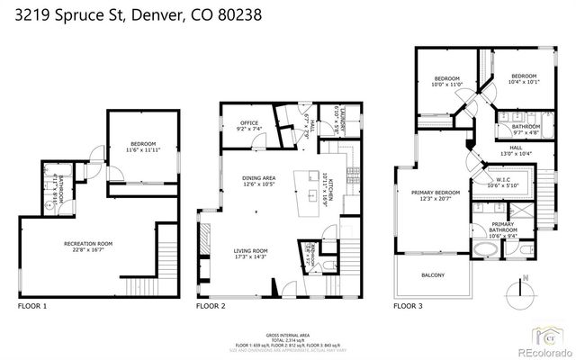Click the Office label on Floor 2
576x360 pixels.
248,125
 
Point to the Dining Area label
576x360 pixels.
258,182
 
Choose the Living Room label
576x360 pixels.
251,253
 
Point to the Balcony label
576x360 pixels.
433,275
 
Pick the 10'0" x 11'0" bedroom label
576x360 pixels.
447,81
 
